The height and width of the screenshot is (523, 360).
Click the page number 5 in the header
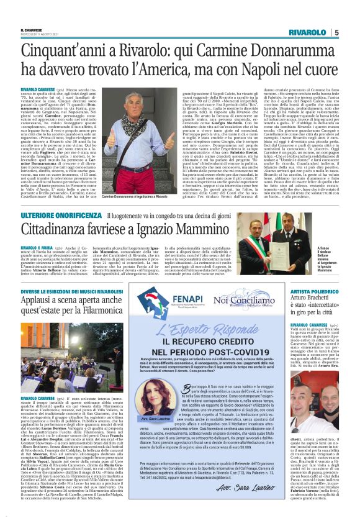(x=336, y=33)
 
